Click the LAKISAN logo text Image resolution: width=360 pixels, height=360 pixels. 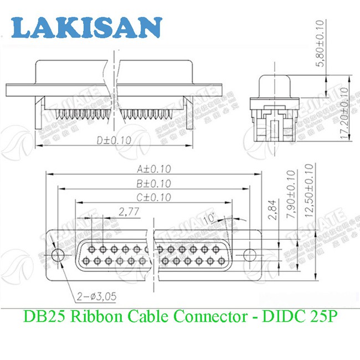[87, 27]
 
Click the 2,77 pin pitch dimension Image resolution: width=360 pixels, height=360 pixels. [128, 212]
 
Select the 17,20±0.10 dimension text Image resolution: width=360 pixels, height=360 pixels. [343, 114]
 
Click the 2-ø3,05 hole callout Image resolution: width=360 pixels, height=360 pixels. [97, 297]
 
